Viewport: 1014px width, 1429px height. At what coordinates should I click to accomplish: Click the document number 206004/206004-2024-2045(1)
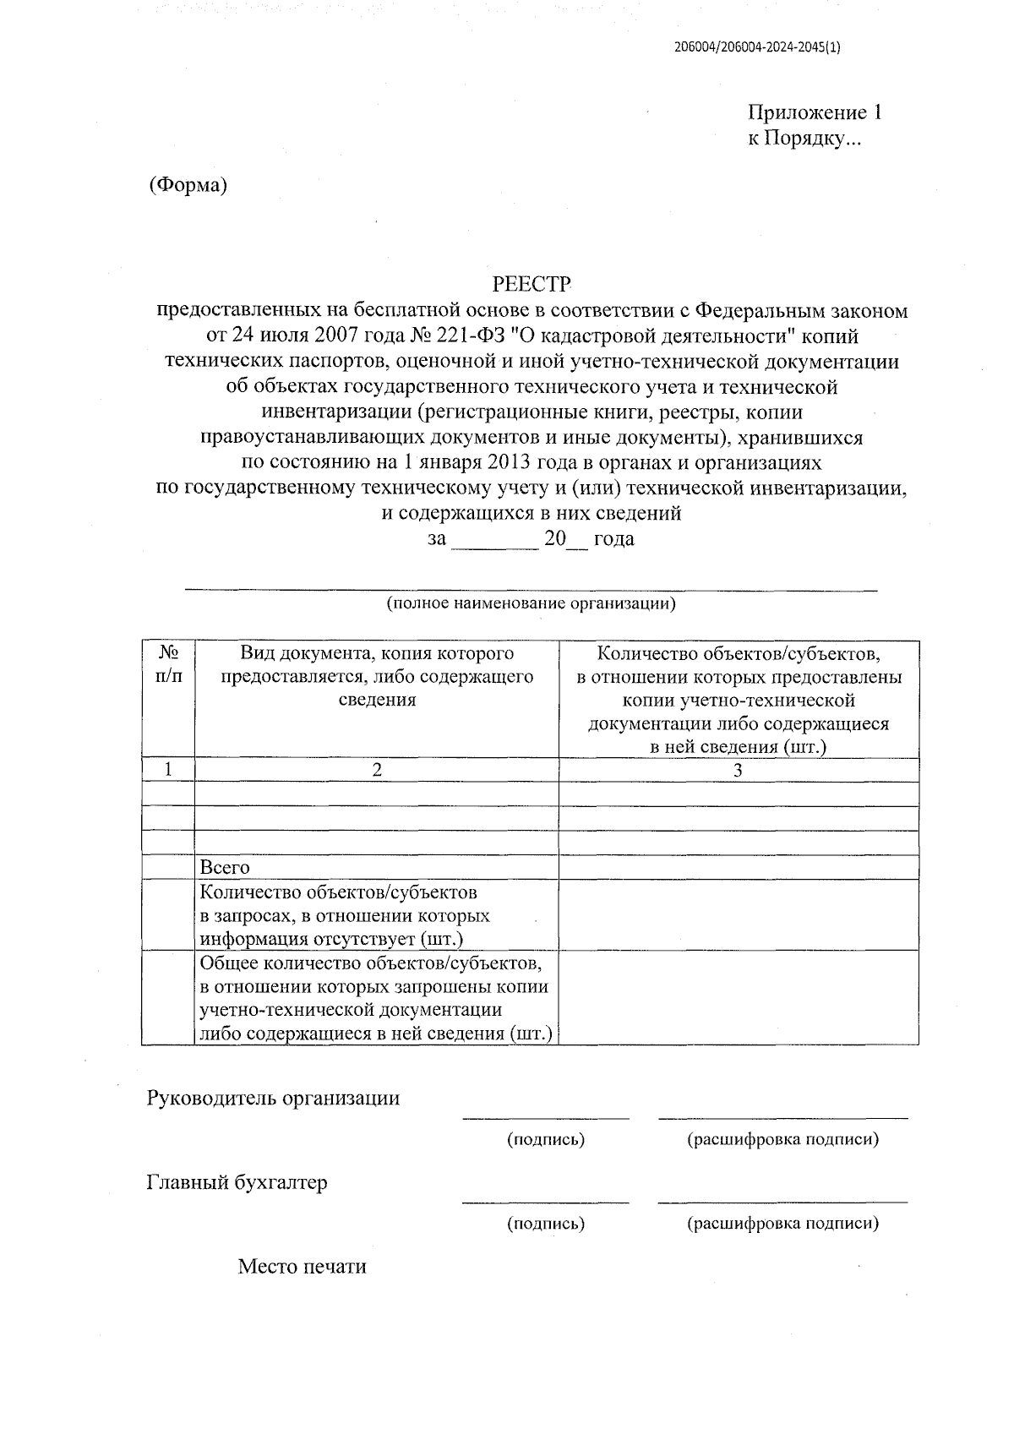click(x=757, y=48)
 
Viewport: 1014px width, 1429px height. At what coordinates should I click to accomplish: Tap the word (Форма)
click(x=188, y=185)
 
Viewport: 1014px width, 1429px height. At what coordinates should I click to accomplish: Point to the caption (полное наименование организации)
click(x=532, y=603)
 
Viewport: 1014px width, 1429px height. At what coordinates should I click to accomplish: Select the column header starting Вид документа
click(x=377, y=676)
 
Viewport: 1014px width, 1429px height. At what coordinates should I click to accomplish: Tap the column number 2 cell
click(x=377, y=770)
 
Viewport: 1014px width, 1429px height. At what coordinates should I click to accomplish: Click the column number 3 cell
click(x=738, y=770)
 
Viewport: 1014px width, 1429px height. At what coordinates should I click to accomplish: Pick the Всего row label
click(x=225, y=868)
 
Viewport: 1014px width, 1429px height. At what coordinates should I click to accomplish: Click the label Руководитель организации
click(x=273, y=1099)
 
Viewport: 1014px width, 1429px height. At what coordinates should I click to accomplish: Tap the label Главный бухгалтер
click(x=237, y=1182)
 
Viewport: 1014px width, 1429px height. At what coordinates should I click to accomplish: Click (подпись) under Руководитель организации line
click(x=546, y=1140)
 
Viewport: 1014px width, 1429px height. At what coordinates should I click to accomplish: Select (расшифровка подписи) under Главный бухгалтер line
click(x=782, y=1223)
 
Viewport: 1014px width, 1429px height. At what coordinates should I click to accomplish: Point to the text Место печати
click(x=303, y=1267)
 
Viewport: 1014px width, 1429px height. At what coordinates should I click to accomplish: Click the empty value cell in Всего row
click(x=738, y=868)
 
